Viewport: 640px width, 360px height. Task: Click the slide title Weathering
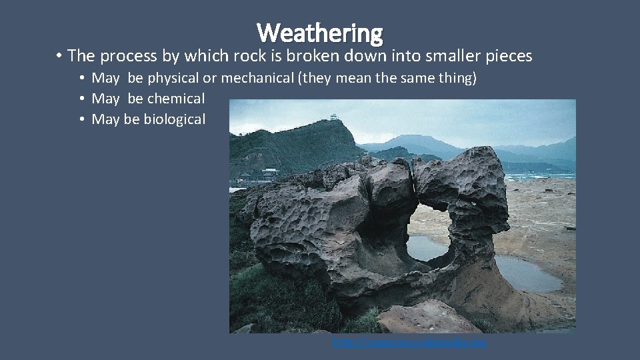click(320, 32)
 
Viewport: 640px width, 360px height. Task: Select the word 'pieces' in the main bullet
click(509, 56)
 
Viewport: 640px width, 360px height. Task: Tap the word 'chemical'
click(176, 99)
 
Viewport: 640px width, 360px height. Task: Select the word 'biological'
click(175, 119)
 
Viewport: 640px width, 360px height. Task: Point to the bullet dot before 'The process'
click(59, 56)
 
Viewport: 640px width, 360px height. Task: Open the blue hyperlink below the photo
click(409, 343)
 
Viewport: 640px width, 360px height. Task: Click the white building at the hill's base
click(270, 173)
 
